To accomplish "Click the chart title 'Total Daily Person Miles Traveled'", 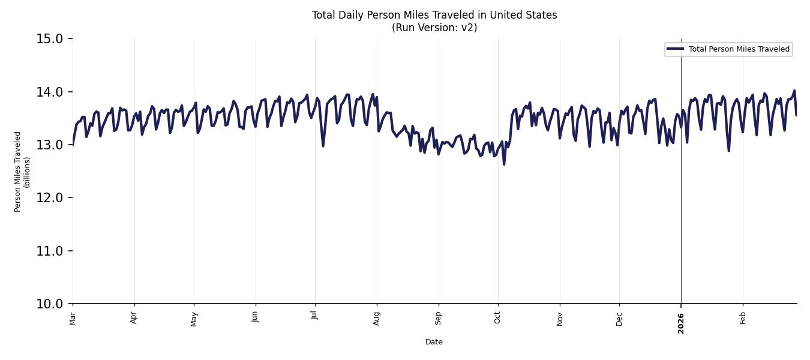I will [x=434, y=15].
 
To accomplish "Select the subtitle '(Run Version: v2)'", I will [x=434, y=28].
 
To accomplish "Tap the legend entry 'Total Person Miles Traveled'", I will [x=739, y=49].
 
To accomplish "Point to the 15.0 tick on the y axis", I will [x=49, y=39].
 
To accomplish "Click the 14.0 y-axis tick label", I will [x=49, y=92].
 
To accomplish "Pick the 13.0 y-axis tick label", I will [x=49, y=145].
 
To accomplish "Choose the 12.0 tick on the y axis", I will [x=49, y=198].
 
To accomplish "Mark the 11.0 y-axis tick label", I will [x=49, y=251].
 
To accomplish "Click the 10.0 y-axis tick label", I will [x=49, y=304].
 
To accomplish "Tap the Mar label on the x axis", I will [x=73, y=318].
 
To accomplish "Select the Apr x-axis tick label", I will [x=134, y=317].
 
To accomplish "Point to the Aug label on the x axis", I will [x=377, y=318].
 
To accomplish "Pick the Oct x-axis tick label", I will [x=497, y=317].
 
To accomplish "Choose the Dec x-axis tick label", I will [x=619, y=318].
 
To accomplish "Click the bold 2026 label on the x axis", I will [x=681, y=323].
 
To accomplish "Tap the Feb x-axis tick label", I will [x=743, y=317].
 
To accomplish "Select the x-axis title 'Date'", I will [x=434, y=342].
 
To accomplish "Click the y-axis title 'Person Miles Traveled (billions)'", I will [x=22, y=171].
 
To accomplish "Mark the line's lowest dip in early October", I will [x=504, y=164].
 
